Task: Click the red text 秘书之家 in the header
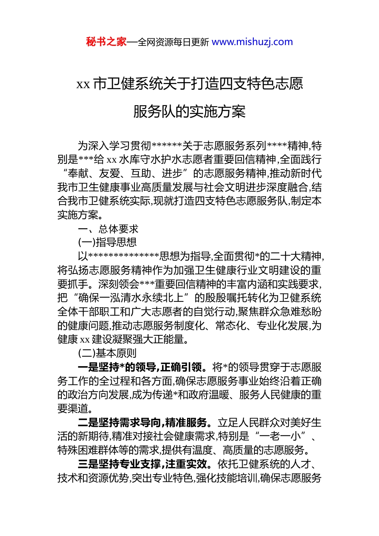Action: pyautogui.click(x=106, y=42)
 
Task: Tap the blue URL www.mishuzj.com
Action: pyautogui.click(x=252, y=42)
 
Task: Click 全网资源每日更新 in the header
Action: pyautogui.click(x=173, y=42)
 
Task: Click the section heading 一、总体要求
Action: pyautogui.click(x=108, y=229)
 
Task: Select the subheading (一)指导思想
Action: pyautogui.click(x=107, y=242)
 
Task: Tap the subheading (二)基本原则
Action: pyautogui.click(x=107, y=353)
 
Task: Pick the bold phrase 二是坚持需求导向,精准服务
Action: pyautogui.click(x=143, y=423)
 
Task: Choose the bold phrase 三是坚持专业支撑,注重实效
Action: pyautogui.click(x=143, y=464)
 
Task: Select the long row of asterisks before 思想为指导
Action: pyautogui.click(x=124, y=256)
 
